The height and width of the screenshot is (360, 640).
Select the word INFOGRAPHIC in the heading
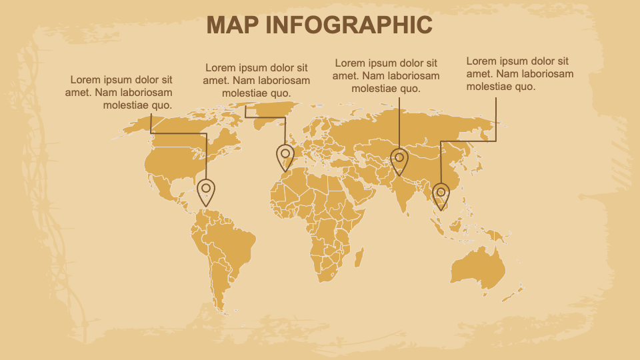click(x=349, y=25)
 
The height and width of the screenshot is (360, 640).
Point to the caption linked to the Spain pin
click(x=256, y=81)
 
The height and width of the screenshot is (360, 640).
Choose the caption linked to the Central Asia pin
click(x=386, y=75)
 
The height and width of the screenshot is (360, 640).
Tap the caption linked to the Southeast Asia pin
click(x=519, y=74)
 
